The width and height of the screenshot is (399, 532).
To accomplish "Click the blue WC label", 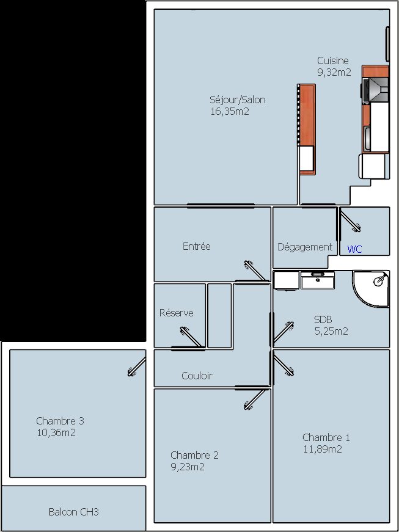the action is (x=354, y=249).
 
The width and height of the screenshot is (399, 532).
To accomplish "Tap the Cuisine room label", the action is (x=333, y=60).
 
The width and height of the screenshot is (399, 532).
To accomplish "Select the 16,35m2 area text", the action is (x=230, y=112).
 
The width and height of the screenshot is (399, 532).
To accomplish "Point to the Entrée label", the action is (x=197, y=246).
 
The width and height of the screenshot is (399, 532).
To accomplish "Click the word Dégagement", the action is (x=305, y=247).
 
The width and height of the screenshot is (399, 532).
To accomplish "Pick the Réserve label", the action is (x=177, y=313).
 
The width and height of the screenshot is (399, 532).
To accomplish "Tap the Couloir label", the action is (x=197, y=376).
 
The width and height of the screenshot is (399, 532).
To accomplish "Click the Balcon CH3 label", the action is (x=73, y=512).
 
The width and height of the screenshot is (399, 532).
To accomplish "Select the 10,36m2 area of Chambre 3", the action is (x=56, y=433).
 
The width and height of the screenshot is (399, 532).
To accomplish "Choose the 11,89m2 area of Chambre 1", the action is (x=323, y=449).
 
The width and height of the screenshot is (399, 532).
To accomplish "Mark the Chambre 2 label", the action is (x=194, y=455).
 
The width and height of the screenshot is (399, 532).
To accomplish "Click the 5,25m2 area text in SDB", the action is (x=331, y=332).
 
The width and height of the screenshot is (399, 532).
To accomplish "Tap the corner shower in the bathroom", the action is (x=370, y=288).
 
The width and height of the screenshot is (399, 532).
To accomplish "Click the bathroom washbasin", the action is (x=318, y=280).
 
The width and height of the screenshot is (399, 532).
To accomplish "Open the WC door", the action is (x=350, y=221).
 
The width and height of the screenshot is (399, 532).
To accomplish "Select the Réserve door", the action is (x=189, y=338).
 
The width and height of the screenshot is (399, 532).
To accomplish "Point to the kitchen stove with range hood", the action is (x=375, y=89).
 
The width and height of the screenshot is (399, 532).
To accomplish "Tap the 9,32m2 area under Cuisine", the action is (x=334, y=72).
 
